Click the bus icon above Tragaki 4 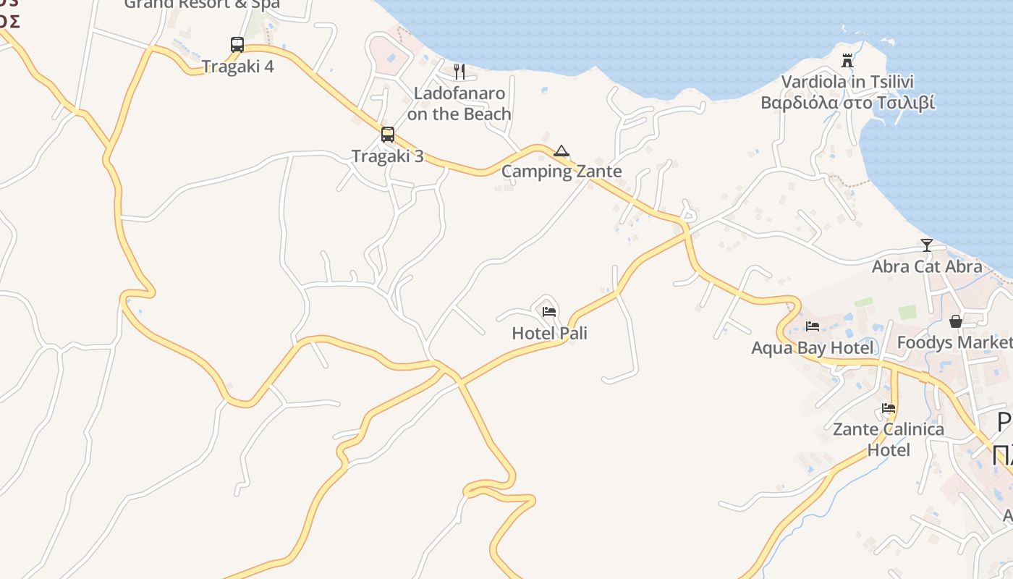click(x=237, y=45)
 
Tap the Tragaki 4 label click(x=237, y=67)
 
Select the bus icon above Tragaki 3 click(x=388, y=135)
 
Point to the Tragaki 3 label click(x=387, y=156)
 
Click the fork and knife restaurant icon click(x=459, y=71)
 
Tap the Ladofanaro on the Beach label click(x=459, y=103)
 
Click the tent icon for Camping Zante click(x=561, y=151)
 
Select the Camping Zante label click(x=561, y=172)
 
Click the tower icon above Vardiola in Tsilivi click(x=847, y=60)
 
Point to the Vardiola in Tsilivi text click(x=847, y=82)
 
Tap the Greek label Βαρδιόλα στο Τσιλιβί click(x=847, y=102)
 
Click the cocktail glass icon click(x=927, y=245)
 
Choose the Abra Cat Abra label click(x=927, y=266)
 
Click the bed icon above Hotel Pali click(x=549, y=312)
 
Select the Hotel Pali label click(x=549, y=334)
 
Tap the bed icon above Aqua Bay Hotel click(x=813, y=326)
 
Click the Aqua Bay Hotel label click(x=813, y=348)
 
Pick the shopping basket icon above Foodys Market click(x=956, y=321)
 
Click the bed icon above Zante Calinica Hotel click(x=889, y=408)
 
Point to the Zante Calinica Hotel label click(x=889, y=439)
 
